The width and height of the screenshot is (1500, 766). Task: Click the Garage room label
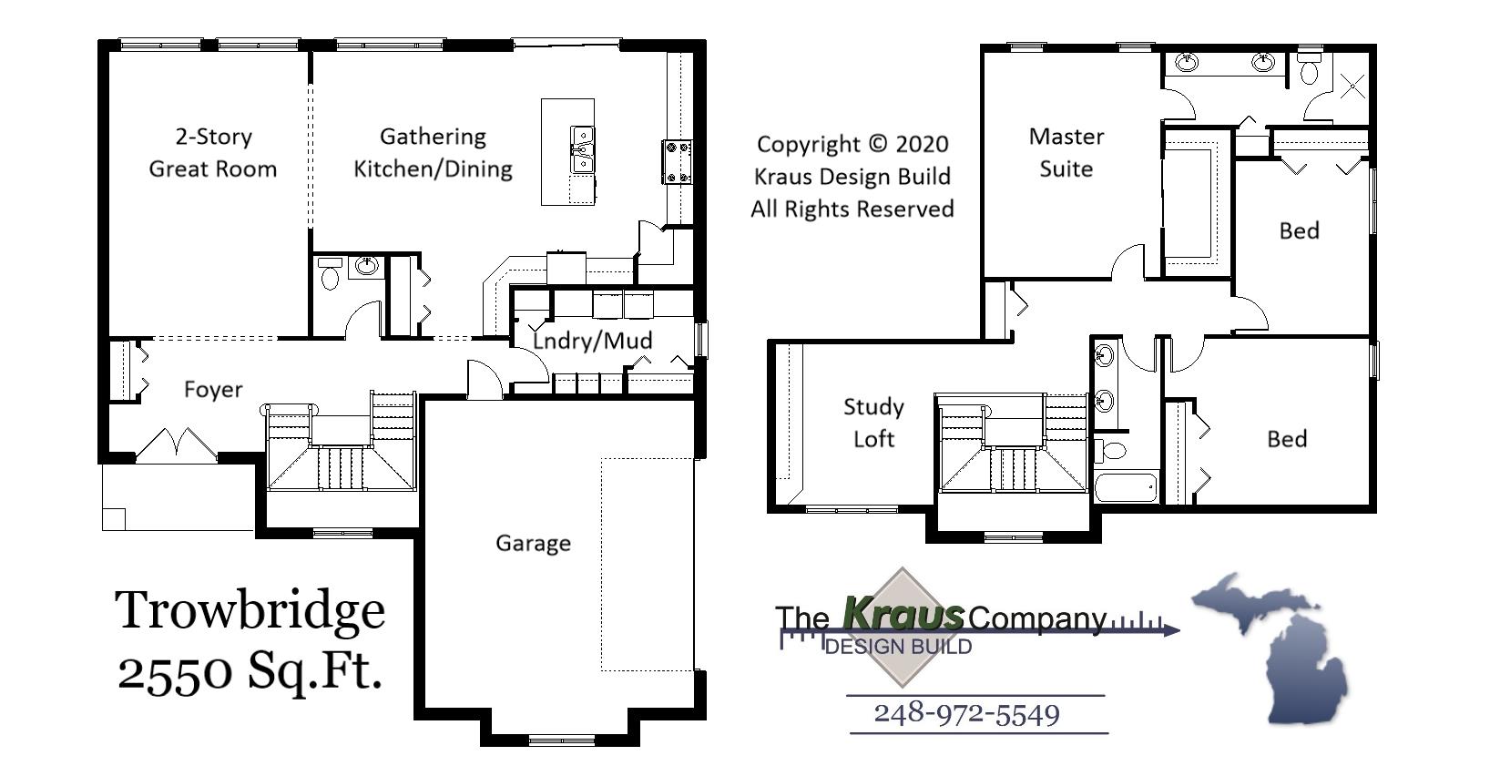[533, 543]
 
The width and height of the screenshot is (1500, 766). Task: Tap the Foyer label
[213, 390]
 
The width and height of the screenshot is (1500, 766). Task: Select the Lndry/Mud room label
[592, 341]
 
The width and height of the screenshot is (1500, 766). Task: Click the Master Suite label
[1066, 152]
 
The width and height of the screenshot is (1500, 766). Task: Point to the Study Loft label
[873, 423]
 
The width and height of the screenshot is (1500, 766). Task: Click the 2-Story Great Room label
[213, 152]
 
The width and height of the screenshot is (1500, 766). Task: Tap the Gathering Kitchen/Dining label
[433, 152]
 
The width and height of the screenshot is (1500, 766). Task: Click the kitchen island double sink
[581, 150]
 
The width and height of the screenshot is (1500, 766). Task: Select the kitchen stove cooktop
[677, 162]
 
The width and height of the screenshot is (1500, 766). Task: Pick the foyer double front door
[175, 444]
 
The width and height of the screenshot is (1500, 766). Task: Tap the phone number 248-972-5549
[966, 713]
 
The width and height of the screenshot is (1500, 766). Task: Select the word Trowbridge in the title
[250, 609]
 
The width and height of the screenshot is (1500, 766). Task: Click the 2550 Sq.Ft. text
[250, 671]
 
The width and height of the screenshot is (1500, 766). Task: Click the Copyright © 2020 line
[852, 144]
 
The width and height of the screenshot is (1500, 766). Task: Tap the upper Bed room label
[1299, 230]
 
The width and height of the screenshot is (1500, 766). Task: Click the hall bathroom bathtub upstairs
[1126, 486]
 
